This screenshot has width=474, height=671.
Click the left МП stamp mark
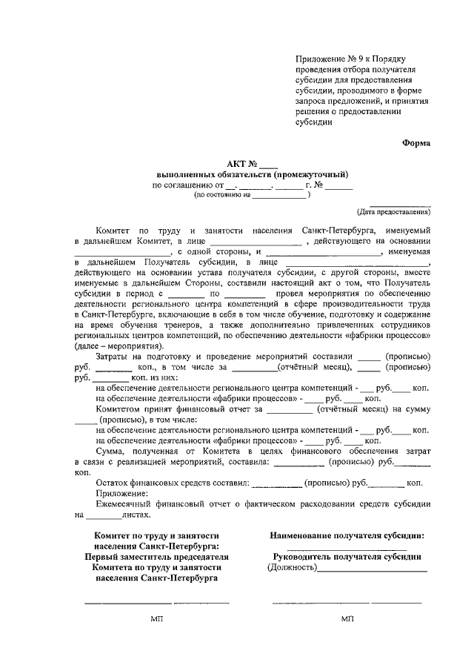(x=156, y=619)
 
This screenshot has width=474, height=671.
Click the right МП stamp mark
(x=347, y=619)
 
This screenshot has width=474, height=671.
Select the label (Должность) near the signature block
(x=290, y=568)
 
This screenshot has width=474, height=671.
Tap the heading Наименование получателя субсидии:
(x=347, y=535)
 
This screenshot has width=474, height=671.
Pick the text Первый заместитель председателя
(x=156, y=556)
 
